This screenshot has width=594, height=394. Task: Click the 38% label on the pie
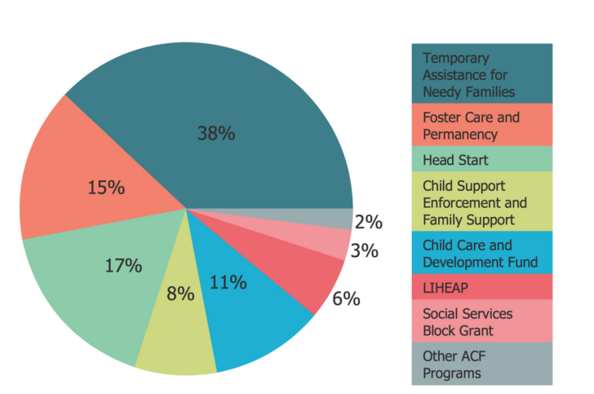(216, 134)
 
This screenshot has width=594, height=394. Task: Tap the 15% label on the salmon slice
(106, 188)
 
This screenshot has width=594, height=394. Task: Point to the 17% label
(123, 265)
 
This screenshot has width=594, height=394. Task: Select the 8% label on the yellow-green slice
(180, 294)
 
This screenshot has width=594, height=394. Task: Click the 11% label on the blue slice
(228, 283)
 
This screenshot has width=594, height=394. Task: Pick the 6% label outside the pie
(346, 299)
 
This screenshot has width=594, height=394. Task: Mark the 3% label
(365, 251)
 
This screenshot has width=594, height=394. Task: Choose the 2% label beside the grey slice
(369, 221)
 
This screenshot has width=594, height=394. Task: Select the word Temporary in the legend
(456, 59)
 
